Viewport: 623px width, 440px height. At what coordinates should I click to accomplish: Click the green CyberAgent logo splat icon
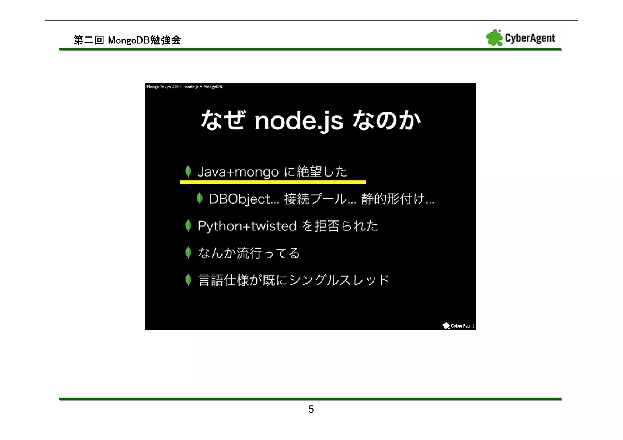point(494,38)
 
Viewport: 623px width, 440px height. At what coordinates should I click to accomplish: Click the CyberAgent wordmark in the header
point(530,38)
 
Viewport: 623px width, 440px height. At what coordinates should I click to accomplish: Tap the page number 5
point(311,409)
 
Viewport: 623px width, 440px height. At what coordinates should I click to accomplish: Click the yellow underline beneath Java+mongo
point(273,182)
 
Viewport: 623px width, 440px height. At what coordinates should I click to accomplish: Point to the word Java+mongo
point(238,172)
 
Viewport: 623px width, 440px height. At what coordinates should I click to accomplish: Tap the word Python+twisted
point(247,226)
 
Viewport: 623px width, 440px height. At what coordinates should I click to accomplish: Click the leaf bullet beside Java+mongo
point(188,171)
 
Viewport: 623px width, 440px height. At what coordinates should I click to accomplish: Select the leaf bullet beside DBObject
point(200,198)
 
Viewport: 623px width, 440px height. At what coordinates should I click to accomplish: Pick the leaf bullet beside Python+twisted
point(188,226)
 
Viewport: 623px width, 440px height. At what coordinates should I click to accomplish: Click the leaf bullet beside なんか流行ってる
point(188,253)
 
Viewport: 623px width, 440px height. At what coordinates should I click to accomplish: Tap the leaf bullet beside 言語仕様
point(188,280)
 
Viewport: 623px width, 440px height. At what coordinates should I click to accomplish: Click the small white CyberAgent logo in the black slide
point(458,326)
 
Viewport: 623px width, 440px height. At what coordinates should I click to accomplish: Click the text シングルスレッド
point(339,280)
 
